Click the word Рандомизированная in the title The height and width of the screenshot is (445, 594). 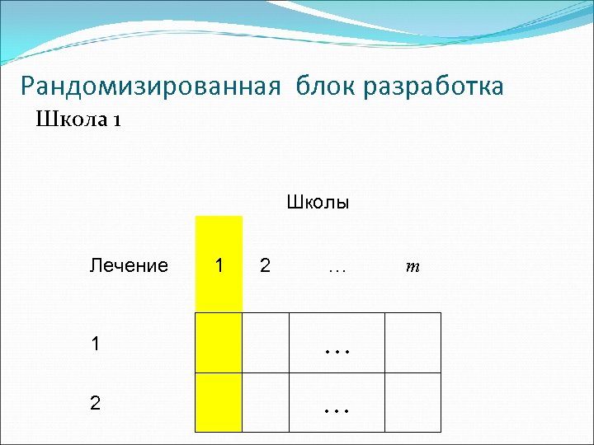[152, 87]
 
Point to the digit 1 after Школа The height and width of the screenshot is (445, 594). [118, 121]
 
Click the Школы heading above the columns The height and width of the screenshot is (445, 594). [318, 202]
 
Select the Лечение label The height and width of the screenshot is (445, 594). [129, 265]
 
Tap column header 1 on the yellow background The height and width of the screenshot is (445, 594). [219, 265]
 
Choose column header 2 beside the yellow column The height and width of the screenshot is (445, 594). [265, 265]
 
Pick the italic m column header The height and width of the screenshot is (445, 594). [412, 266]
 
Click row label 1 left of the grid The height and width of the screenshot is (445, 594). [97, 344]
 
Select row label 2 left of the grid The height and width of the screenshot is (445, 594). [97, 403]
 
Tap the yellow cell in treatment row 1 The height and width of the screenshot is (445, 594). [219, 343]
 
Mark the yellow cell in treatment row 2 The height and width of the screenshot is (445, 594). [219, 402]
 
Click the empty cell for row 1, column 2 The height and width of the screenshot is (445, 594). [266, 343]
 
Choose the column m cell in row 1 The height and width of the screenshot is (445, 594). [412, 343]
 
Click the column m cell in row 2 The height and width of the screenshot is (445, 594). [412, 402]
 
